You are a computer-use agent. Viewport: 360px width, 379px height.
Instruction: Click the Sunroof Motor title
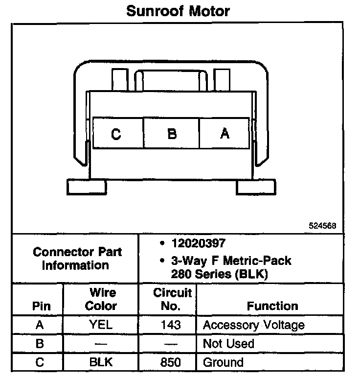pos(178,11)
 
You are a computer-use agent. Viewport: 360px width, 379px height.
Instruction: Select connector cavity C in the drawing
pos(116,133)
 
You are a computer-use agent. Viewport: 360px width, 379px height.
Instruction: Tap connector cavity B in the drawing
pos(172,133)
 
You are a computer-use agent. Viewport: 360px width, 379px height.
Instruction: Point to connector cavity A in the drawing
pos(225,133)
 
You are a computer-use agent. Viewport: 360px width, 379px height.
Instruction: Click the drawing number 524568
pos(322,226)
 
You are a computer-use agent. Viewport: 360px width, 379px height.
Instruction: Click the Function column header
pos(272,306)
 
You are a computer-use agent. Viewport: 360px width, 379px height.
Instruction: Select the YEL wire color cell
pos(101,325)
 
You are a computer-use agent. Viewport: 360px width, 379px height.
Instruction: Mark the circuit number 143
pos(170,325)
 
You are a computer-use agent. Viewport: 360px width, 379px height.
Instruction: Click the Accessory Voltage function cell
pos(253,325)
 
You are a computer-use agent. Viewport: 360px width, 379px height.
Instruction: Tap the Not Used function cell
pos(228,343)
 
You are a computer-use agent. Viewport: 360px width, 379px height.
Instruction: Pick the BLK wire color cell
pos(101,362)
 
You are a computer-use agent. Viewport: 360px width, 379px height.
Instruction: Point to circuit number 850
pos(170,362)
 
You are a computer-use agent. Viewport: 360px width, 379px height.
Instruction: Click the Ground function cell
pos(223,362)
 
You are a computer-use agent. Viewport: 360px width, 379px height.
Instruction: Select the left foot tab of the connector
pos(87,187)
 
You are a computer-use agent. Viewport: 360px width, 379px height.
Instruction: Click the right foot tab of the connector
pos(256,187)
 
